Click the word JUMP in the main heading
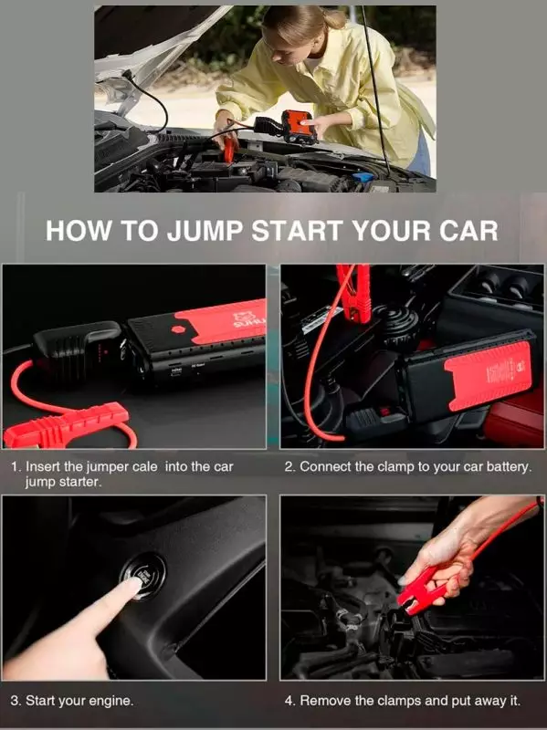(205, 231)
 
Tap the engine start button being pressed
(143, 577)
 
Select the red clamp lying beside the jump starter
(65, 425)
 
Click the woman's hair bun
(334, 17)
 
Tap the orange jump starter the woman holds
(299, 126)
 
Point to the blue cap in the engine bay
(363, 177)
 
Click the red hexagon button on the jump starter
(178, 329)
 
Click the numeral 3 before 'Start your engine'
(14, 701)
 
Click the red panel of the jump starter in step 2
(489, 376)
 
